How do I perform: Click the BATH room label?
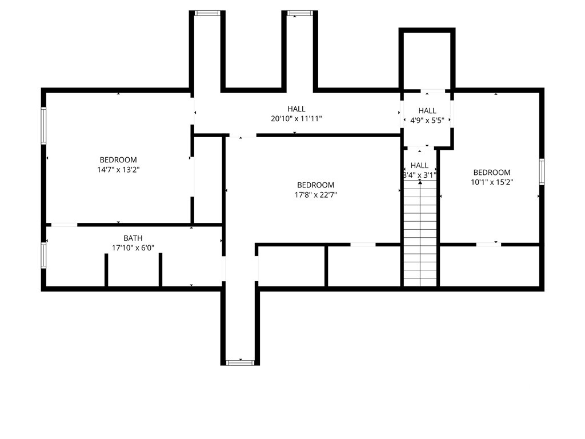click(133, 238)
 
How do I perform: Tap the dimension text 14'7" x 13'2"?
click(118, 169)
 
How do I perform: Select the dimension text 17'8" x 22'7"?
click(315, 194)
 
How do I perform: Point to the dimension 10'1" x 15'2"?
click(492, 182)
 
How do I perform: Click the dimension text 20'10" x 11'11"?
click(296, 119)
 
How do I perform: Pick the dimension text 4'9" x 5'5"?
click(427, 120)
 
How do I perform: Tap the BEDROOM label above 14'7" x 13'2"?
click(118, 160)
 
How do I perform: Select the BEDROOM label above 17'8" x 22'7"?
click(315, 185)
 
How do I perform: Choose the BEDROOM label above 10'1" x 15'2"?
click(492, 173)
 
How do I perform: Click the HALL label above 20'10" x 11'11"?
click(296, 109)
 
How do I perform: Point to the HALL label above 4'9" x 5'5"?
click(427, 110)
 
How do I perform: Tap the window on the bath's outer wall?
click(43, 256)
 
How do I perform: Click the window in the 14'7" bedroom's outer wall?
click(43, 126)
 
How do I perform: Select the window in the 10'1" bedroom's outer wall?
click(542, 171)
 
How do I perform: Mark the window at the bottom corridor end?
click(241, 362)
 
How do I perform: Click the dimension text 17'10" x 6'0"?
click(133, 248)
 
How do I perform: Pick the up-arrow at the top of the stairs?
click(420, 182)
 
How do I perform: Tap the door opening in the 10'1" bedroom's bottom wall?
click(488, 245)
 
